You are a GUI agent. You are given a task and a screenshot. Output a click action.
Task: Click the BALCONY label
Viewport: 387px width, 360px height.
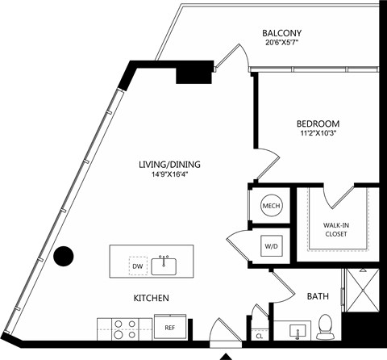point(282,33)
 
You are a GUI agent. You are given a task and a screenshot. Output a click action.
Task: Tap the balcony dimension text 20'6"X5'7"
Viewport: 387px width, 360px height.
point(282,43)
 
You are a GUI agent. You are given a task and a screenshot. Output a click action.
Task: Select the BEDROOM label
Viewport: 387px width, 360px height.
point(318,123)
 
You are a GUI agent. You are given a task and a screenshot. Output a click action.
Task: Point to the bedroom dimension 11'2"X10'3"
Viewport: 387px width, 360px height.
point(318,133)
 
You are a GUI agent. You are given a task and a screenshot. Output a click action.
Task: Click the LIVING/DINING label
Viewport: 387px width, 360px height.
point(169,164)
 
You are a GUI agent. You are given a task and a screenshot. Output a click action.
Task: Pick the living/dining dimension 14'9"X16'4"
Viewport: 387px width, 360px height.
point(169,174)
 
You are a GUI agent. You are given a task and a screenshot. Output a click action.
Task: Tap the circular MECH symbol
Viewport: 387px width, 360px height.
point(271,206)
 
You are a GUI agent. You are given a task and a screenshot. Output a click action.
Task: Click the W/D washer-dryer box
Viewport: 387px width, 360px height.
point(272,246)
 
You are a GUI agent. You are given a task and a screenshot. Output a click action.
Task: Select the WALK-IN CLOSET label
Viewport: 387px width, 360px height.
point(336,229)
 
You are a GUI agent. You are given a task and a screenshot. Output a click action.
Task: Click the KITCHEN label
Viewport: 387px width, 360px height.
point(152,298)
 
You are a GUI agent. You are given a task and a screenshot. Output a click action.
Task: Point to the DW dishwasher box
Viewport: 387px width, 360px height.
point(138,266)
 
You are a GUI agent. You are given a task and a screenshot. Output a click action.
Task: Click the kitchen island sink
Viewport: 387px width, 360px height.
point(164,266)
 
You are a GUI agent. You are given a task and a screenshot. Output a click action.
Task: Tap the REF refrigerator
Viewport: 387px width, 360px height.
point(170,327)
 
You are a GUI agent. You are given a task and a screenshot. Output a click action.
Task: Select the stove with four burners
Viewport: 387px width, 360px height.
point(125,329)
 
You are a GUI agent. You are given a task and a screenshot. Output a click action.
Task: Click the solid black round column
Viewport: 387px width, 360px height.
point(64,256)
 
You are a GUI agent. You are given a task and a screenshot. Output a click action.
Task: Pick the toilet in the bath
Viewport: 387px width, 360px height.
point(325,327)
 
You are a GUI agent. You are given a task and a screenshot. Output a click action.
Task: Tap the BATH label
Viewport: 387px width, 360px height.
point(318,296)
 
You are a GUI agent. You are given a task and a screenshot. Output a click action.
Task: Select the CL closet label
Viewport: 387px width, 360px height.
point(260,336)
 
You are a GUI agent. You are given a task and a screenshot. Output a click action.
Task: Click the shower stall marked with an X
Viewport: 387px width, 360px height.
point(363,290)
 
